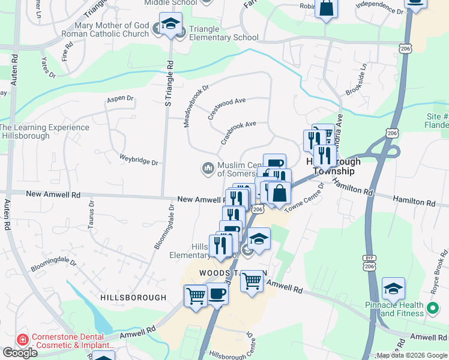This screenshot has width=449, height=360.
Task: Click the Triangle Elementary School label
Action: pyautogui.click(x=223, y=33)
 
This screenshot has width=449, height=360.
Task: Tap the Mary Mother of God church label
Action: pyautogui.click(x=112, y=30)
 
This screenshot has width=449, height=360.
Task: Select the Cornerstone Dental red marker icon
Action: pyautogui.click(x=23, y=340)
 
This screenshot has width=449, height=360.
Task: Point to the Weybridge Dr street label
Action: pyautogui.click(x=139, y=162)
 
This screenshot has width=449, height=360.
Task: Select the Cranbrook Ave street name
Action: pyautogui.click(x=238, y=133)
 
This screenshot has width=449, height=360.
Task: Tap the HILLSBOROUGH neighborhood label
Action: pyautogui.click(x=133, y=297)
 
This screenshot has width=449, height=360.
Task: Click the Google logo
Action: pyautogui.click(x=20, y=353)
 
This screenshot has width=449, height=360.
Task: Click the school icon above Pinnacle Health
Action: pyautogui.click(x=393, y=289)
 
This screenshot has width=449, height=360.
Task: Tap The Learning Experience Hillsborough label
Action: pyautogui.click(x=45, y=132)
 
